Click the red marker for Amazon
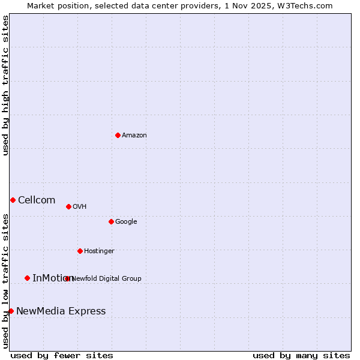(x=118, y=135)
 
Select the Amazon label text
(x=134, y=136)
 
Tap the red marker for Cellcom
(x=13, y=200)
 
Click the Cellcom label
(x=37, y=200)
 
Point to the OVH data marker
(x=68, y=206)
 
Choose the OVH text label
(x=80, y=207)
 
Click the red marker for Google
(x=111, y=221)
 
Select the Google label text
(x=126, y=222)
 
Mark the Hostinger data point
(x=80, y=251)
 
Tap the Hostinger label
(x=99, y=251)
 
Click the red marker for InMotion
(x=27, y=278)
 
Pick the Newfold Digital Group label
(x=107, y=278)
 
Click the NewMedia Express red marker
(x=11, y=311)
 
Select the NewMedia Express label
(x=61, y=311)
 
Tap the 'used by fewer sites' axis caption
(x=62, y=356)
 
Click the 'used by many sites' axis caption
(x=301, y=356)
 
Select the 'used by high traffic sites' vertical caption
(x=5, y=86)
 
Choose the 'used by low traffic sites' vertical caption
(x=5, y=280)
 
